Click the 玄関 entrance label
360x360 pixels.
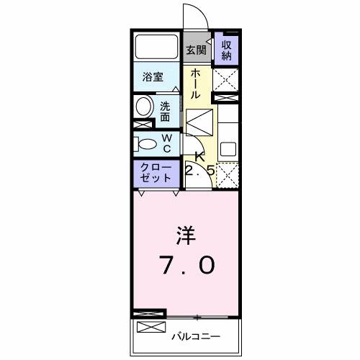pyautogui.click(x=196, y=50)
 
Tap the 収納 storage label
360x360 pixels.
pyautogui.click(x=226, y=50)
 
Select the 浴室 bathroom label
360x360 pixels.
pyautogui.click(x=152, y=77)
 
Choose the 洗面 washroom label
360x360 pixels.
pyautogui.click(x=166, y=109)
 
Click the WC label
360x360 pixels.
pyautogui.click(x=166, y=143)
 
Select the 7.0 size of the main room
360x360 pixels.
pyautogui.click(x=185, y=266)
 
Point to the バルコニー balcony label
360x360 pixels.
pyautogui.click(x=196, y=336)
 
